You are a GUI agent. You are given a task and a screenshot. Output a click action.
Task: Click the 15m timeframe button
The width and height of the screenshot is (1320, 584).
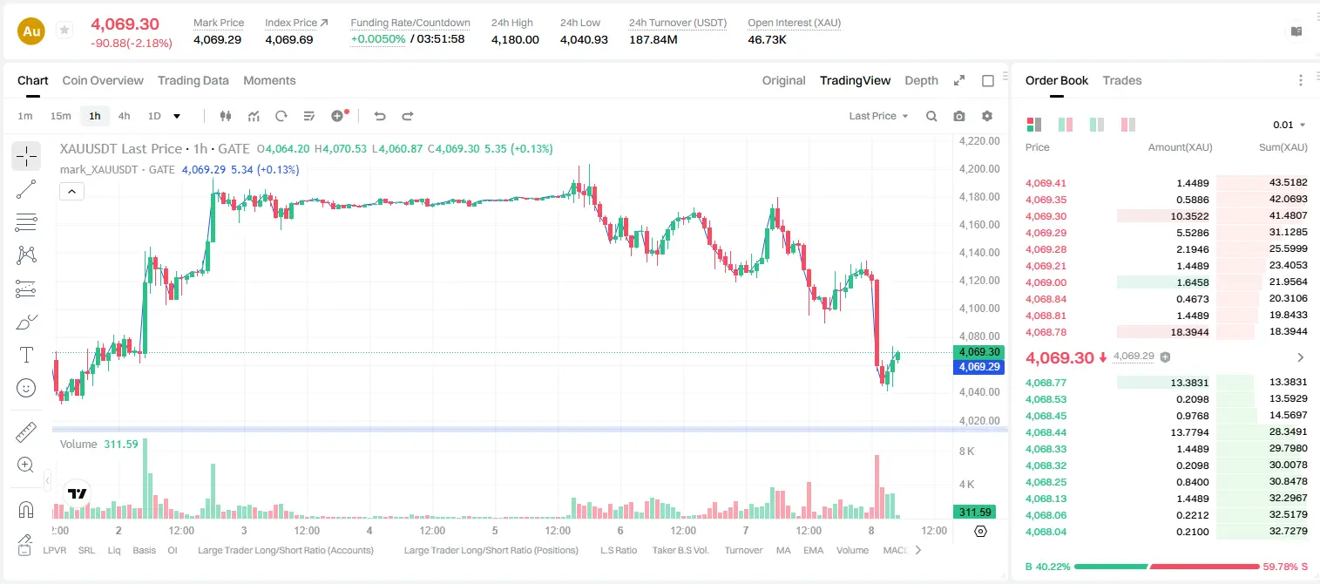point(61,116)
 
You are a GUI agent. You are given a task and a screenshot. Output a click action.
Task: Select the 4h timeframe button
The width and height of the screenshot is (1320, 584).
point(124,116)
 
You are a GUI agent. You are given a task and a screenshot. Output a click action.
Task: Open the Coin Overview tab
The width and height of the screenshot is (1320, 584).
point(103,80)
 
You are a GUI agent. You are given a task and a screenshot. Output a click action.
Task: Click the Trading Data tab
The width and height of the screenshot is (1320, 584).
point(193,80)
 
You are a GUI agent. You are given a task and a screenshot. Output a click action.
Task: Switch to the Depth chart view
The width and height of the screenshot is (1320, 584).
point(921,80)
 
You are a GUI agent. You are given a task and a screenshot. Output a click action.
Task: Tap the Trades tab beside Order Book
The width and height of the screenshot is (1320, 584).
point(1122,80)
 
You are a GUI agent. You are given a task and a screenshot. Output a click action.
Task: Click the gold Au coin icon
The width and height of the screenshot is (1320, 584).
point(31,31)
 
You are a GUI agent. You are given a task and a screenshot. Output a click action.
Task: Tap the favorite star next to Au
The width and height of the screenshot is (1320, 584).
point(64,30)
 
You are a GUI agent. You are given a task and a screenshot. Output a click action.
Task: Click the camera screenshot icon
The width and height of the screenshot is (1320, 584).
point(959,116)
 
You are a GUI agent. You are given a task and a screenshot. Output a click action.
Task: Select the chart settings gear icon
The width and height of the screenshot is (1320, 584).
point(987,116)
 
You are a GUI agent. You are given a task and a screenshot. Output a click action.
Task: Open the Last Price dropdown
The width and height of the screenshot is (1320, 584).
point(878,116)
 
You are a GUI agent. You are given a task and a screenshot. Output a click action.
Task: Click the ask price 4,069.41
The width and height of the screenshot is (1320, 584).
point(1046,183)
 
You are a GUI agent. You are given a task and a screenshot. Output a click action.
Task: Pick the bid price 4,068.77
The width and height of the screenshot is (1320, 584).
point(1046,383)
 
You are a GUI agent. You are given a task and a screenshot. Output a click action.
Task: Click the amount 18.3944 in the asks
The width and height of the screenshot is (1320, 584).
point(1189,332)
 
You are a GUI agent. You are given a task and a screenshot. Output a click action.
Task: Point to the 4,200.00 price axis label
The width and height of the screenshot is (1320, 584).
point(979,168)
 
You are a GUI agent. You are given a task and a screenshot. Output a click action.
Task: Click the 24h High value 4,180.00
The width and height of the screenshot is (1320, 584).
point(515,39)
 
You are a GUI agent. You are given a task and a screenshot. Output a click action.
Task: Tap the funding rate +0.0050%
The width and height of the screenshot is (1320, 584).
point(378,39)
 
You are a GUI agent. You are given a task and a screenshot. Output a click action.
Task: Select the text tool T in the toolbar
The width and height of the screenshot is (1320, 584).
point(26,355)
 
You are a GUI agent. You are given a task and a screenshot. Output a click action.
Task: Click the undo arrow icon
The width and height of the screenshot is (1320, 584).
point(380,116)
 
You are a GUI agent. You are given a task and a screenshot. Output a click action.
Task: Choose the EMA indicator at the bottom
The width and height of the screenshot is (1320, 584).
point(813,550)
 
